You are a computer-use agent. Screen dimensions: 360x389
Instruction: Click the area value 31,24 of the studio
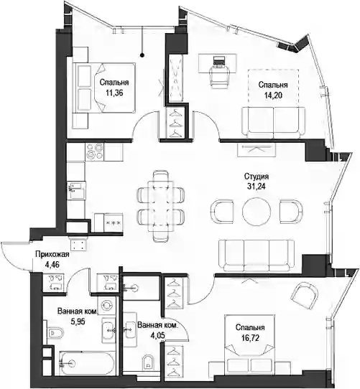click(256, 187)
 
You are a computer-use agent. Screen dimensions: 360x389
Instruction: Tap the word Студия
click(257, 177)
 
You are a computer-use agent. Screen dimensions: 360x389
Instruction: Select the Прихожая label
click(52, 254)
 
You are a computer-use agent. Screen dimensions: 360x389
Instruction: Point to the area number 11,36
click(114, 93)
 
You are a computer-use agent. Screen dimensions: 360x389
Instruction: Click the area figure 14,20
click(273, 95)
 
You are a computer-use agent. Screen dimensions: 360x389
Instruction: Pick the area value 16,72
click(250, 337)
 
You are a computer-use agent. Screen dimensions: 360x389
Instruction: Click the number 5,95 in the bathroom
click(78, 322)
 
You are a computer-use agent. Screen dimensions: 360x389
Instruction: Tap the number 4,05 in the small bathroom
click(158, 335)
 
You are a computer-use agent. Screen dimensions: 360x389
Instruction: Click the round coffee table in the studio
click(257, 211)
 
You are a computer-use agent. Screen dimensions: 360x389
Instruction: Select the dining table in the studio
click(161, 206)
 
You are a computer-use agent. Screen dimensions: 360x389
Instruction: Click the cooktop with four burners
click(94, 151)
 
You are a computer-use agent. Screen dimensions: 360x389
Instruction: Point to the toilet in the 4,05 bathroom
click(149, 362)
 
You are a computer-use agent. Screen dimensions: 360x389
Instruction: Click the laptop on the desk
click(219, 61)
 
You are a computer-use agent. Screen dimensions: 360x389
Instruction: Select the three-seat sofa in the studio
click(257, 255)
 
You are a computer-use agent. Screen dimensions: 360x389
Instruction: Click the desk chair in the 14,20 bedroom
click(219, 75)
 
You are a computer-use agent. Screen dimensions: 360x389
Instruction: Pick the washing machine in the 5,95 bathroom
click(107, 305)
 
